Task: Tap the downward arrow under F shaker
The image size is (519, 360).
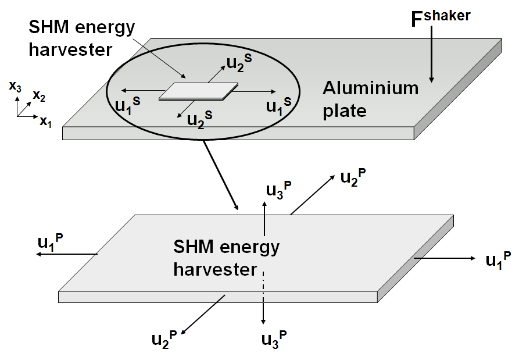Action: click(431, 58)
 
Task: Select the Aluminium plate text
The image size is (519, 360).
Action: click(371, 99)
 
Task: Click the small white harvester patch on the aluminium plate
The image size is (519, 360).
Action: click(198, 92)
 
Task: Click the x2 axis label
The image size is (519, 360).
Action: click(40, 95)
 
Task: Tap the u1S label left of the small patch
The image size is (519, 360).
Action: click(128, 105)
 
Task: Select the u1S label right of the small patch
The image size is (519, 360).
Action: click(278, 105)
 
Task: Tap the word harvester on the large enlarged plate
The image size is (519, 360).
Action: click(215, 270)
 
